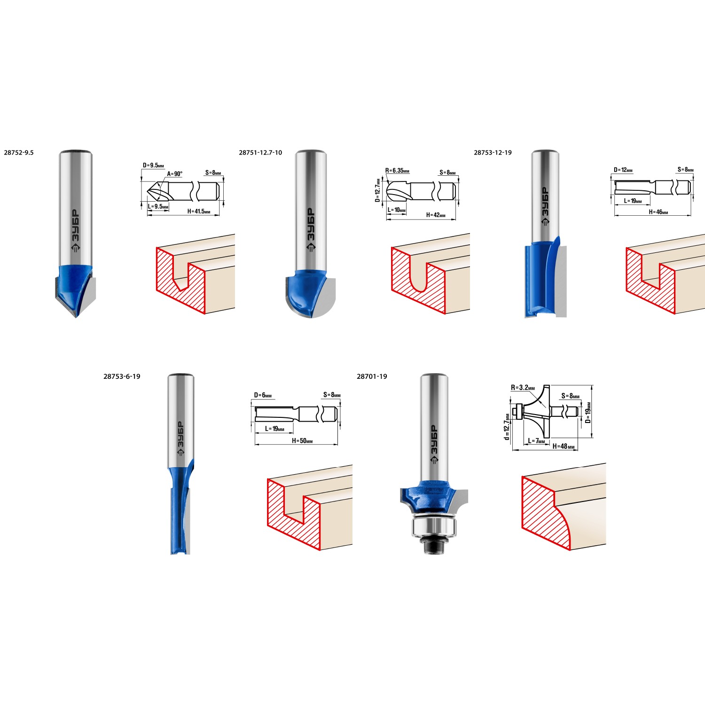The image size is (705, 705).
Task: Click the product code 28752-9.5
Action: tap(19, 153)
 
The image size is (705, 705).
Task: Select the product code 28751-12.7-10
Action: tap(260, 153)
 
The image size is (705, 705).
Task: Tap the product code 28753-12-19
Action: tap(493, 153)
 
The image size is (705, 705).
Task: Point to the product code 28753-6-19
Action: tap(122, 376)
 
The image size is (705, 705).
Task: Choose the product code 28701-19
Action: tap(372, 376)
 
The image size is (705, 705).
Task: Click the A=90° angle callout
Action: tap(175, 174)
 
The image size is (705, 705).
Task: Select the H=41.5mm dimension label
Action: tap(199, 211)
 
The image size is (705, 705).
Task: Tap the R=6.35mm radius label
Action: tap(397, 171)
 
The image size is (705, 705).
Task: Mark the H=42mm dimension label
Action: tap(436, 215)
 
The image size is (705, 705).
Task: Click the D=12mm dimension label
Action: tap(623, 170)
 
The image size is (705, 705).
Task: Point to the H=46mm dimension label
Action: tap(658, 212)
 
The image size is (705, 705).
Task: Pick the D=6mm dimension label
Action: tap(263, 396)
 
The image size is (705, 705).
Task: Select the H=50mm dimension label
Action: tap(302, 441)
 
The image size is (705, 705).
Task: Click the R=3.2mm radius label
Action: tap(523, 388)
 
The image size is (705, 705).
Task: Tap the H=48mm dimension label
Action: tap(564, 446)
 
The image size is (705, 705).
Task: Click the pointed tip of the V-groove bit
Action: tap(76, 317)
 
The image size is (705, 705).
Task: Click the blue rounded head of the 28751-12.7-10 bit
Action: tap(305, 291)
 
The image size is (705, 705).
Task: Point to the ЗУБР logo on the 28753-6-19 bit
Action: tap(180, 439)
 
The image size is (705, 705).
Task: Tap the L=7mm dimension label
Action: tap(536, 441)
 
